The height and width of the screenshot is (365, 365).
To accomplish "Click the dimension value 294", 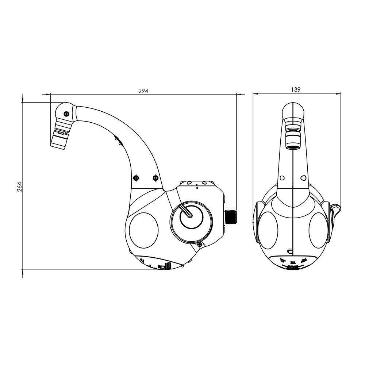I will tap(143, 91).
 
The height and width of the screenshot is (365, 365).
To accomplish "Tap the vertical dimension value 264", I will tap(20, 186).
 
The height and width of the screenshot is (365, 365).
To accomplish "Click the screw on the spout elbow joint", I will tap(66, 114).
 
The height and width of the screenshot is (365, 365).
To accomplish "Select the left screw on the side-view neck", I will tap(136, 178).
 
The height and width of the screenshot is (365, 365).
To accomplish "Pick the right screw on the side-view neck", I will tap(156, 178).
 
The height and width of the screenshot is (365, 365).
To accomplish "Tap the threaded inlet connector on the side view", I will tap(231, 217).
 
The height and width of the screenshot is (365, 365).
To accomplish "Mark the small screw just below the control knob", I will tap(199, 244).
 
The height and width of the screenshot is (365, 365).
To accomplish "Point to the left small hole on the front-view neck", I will tap(282, 178).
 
